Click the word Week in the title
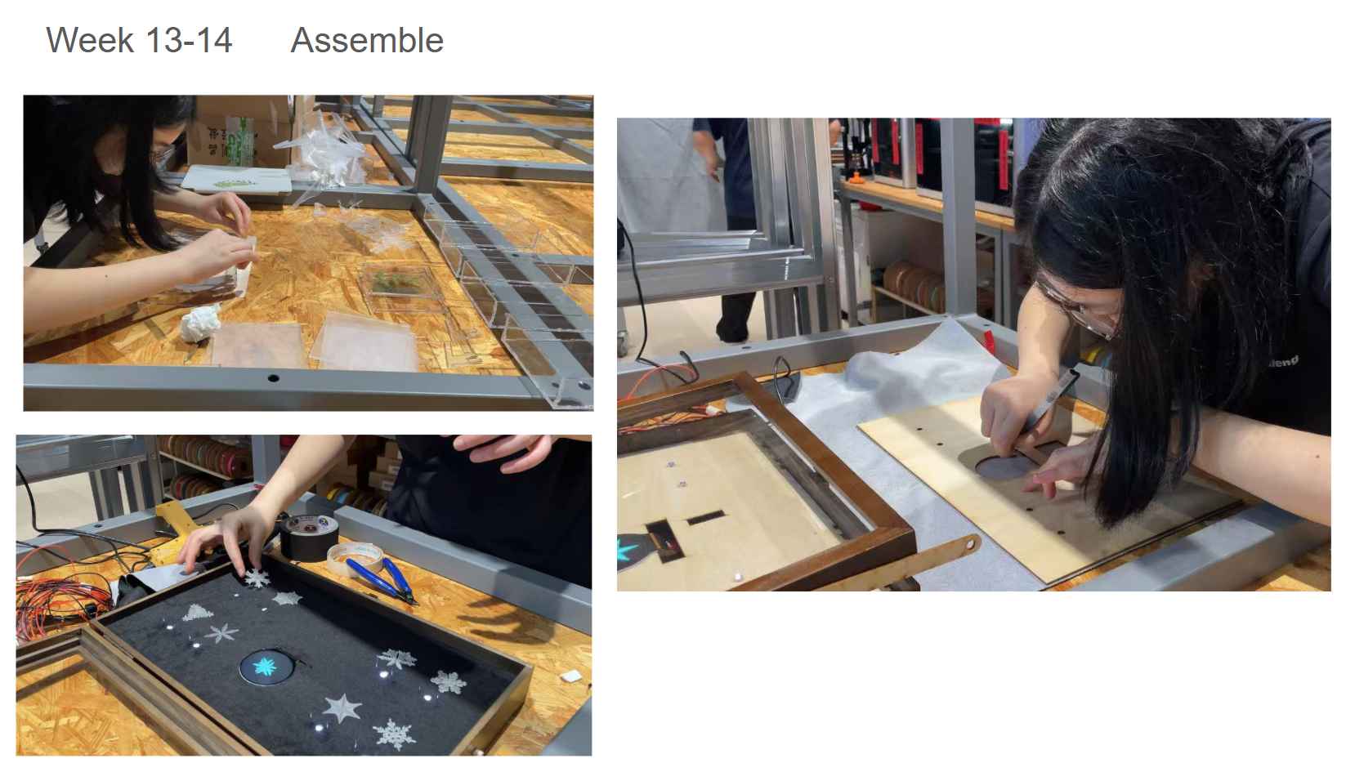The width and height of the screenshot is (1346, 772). click(90, 40)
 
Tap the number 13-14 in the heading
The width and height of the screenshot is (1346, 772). click(189, 40)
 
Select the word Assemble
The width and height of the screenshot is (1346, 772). click(367, 40)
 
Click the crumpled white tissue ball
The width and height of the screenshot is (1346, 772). click(200, 323)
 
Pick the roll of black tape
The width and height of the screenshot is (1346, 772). click(309, 537)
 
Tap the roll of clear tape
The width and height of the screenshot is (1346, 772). click(356, 557)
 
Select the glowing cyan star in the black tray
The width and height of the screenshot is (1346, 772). click(265, 666)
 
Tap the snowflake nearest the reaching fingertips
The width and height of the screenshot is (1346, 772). click(257, 578)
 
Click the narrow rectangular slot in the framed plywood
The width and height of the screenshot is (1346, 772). click(706, 516)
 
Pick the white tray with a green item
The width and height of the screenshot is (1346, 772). click(237, 180)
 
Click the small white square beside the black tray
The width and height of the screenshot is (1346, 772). click(571, 676)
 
